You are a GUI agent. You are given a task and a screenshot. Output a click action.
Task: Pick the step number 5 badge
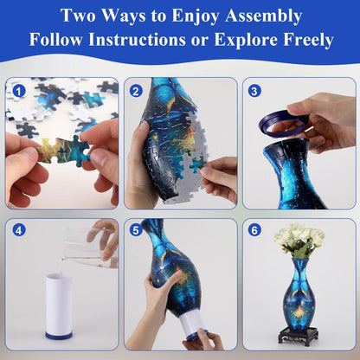[x=136, y=231]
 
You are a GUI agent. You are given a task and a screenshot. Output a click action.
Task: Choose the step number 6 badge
[x=254, y=231]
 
